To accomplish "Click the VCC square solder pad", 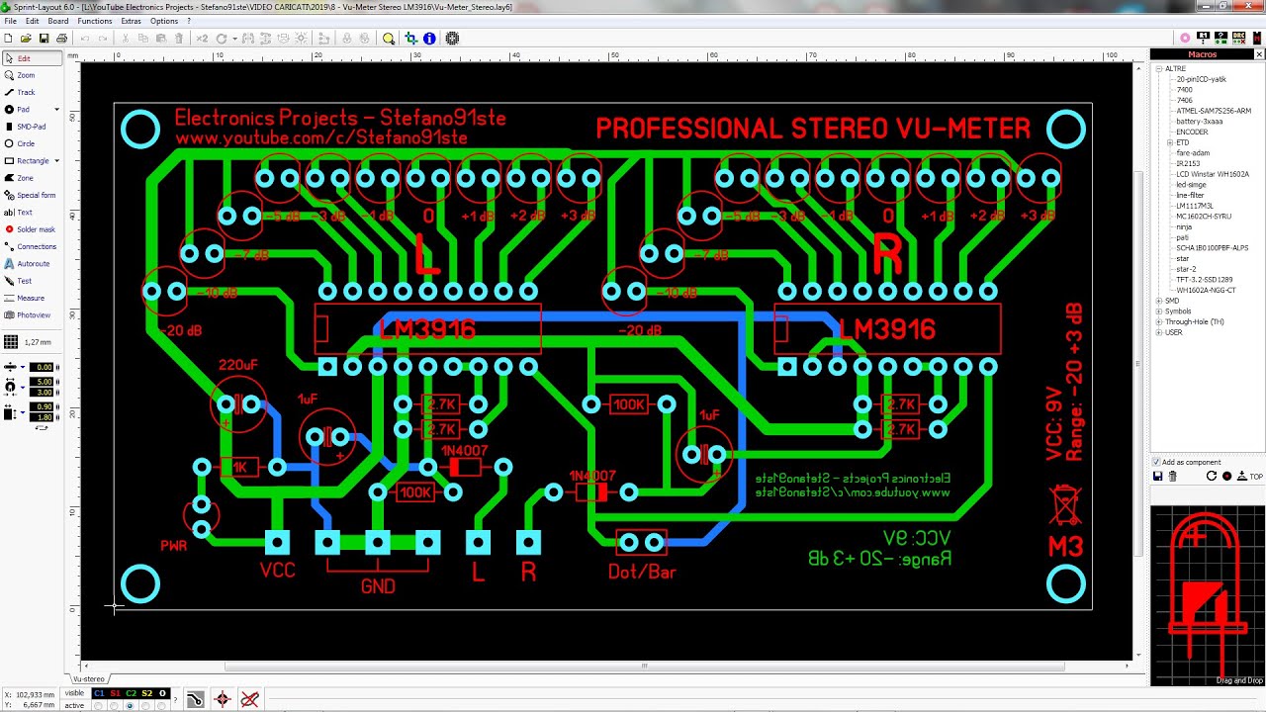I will click(277, 542).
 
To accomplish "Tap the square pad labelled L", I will click(478, 542).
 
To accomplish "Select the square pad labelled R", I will click(528, 542).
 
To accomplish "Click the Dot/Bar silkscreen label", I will click(642, 572).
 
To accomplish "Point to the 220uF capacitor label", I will click(237, 365).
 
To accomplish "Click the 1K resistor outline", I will click(239, 467).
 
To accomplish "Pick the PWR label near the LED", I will click(174, 545).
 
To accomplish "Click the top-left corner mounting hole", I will click(140, 130).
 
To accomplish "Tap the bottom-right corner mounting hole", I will click(1066, 584).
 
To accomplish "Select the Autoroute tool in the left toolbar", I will click(33, 264).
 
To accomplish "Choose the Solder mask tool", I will click(36, 229).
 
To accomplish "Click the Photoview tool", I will click(33, 315).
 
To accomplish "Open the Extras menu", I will click(131, 21).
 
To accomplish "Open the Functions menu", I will click(94, 21).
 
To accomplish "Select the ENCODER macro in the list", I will click(1192, 132).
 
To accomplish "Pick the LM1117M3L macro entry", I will click(1195, 206).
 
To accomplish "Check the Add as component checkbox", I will click(1157, 462).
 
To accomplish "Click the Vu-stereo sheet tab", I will click(88, 679).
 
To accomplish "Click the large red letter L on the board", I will click(426, 254).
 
